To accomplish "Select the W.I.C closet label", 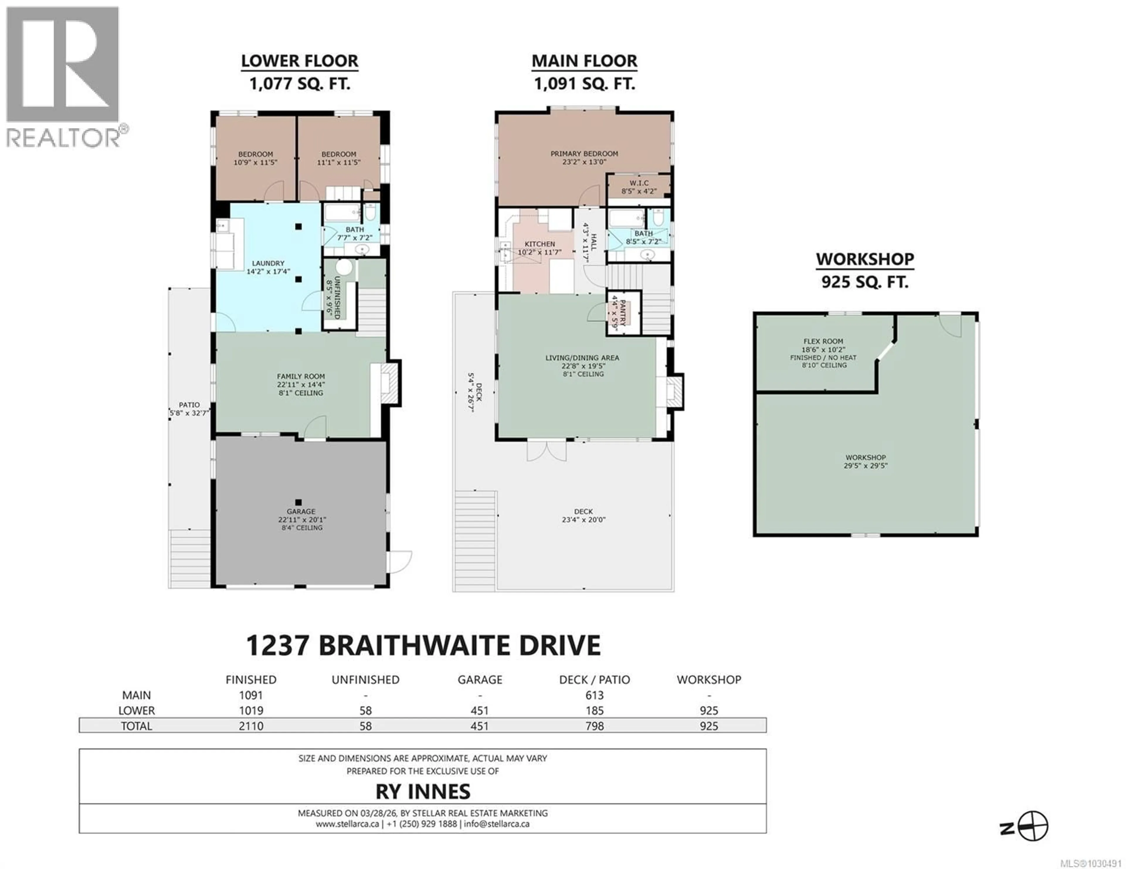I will coord(639,187).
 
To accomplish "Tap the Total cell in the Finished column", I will coord(251,726).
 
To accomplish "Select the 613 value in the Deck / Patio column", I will coord(594,695).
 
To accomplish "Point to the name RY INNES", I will coord(423,791).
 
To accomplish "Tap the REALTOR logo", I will coord(63,77).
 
